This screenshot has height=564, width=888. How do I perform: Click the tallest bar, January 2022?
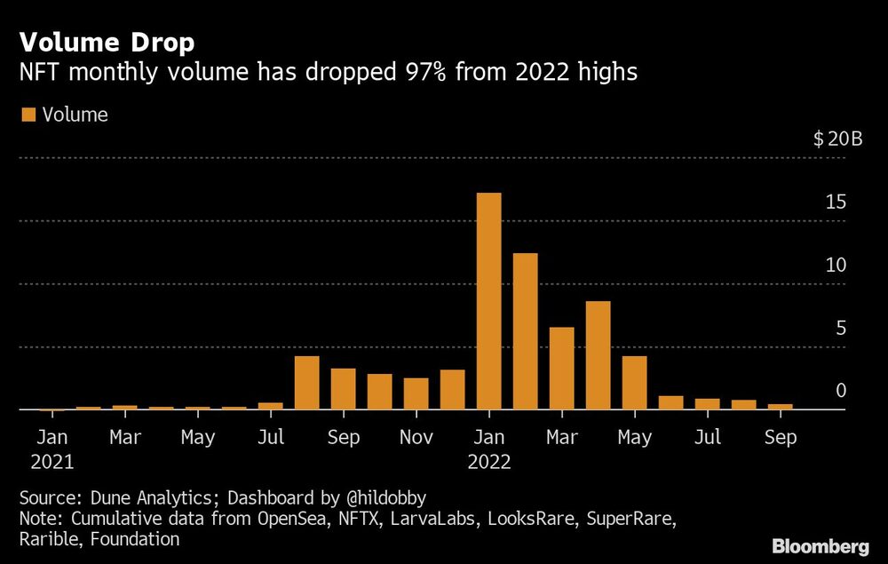click(x=488, y=301)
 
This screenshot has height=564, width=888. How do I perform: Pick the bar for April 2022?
click(x=598, y=355)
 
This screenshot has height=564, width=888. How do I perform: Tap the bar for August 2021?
click(x=306, y=383)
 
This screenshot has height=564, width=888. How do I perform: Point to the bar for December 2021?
click(x=452, y=390)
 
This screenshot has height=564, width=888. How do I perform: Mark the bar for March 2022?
click(x=561, y=369)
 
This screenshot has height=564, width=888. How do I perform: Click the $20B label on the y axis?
click(x=836, y=139)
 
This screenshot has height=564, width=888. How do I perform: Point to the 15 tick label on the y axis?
click(x=835, y=203)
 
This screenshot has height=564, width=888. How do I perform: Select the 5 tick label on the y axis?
click(x=840, y=329)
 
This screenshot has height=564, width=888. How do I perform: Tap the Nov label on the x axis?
click(x=416, y=438)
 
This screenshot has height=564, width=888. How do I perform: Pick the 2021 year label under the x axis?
click(x=52, y=462)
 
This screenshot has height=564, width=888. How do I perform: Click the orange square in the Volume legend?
click(x=28, y=115)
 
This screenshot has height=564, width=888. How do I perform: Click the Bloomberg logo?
click(x=821, y=544)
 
